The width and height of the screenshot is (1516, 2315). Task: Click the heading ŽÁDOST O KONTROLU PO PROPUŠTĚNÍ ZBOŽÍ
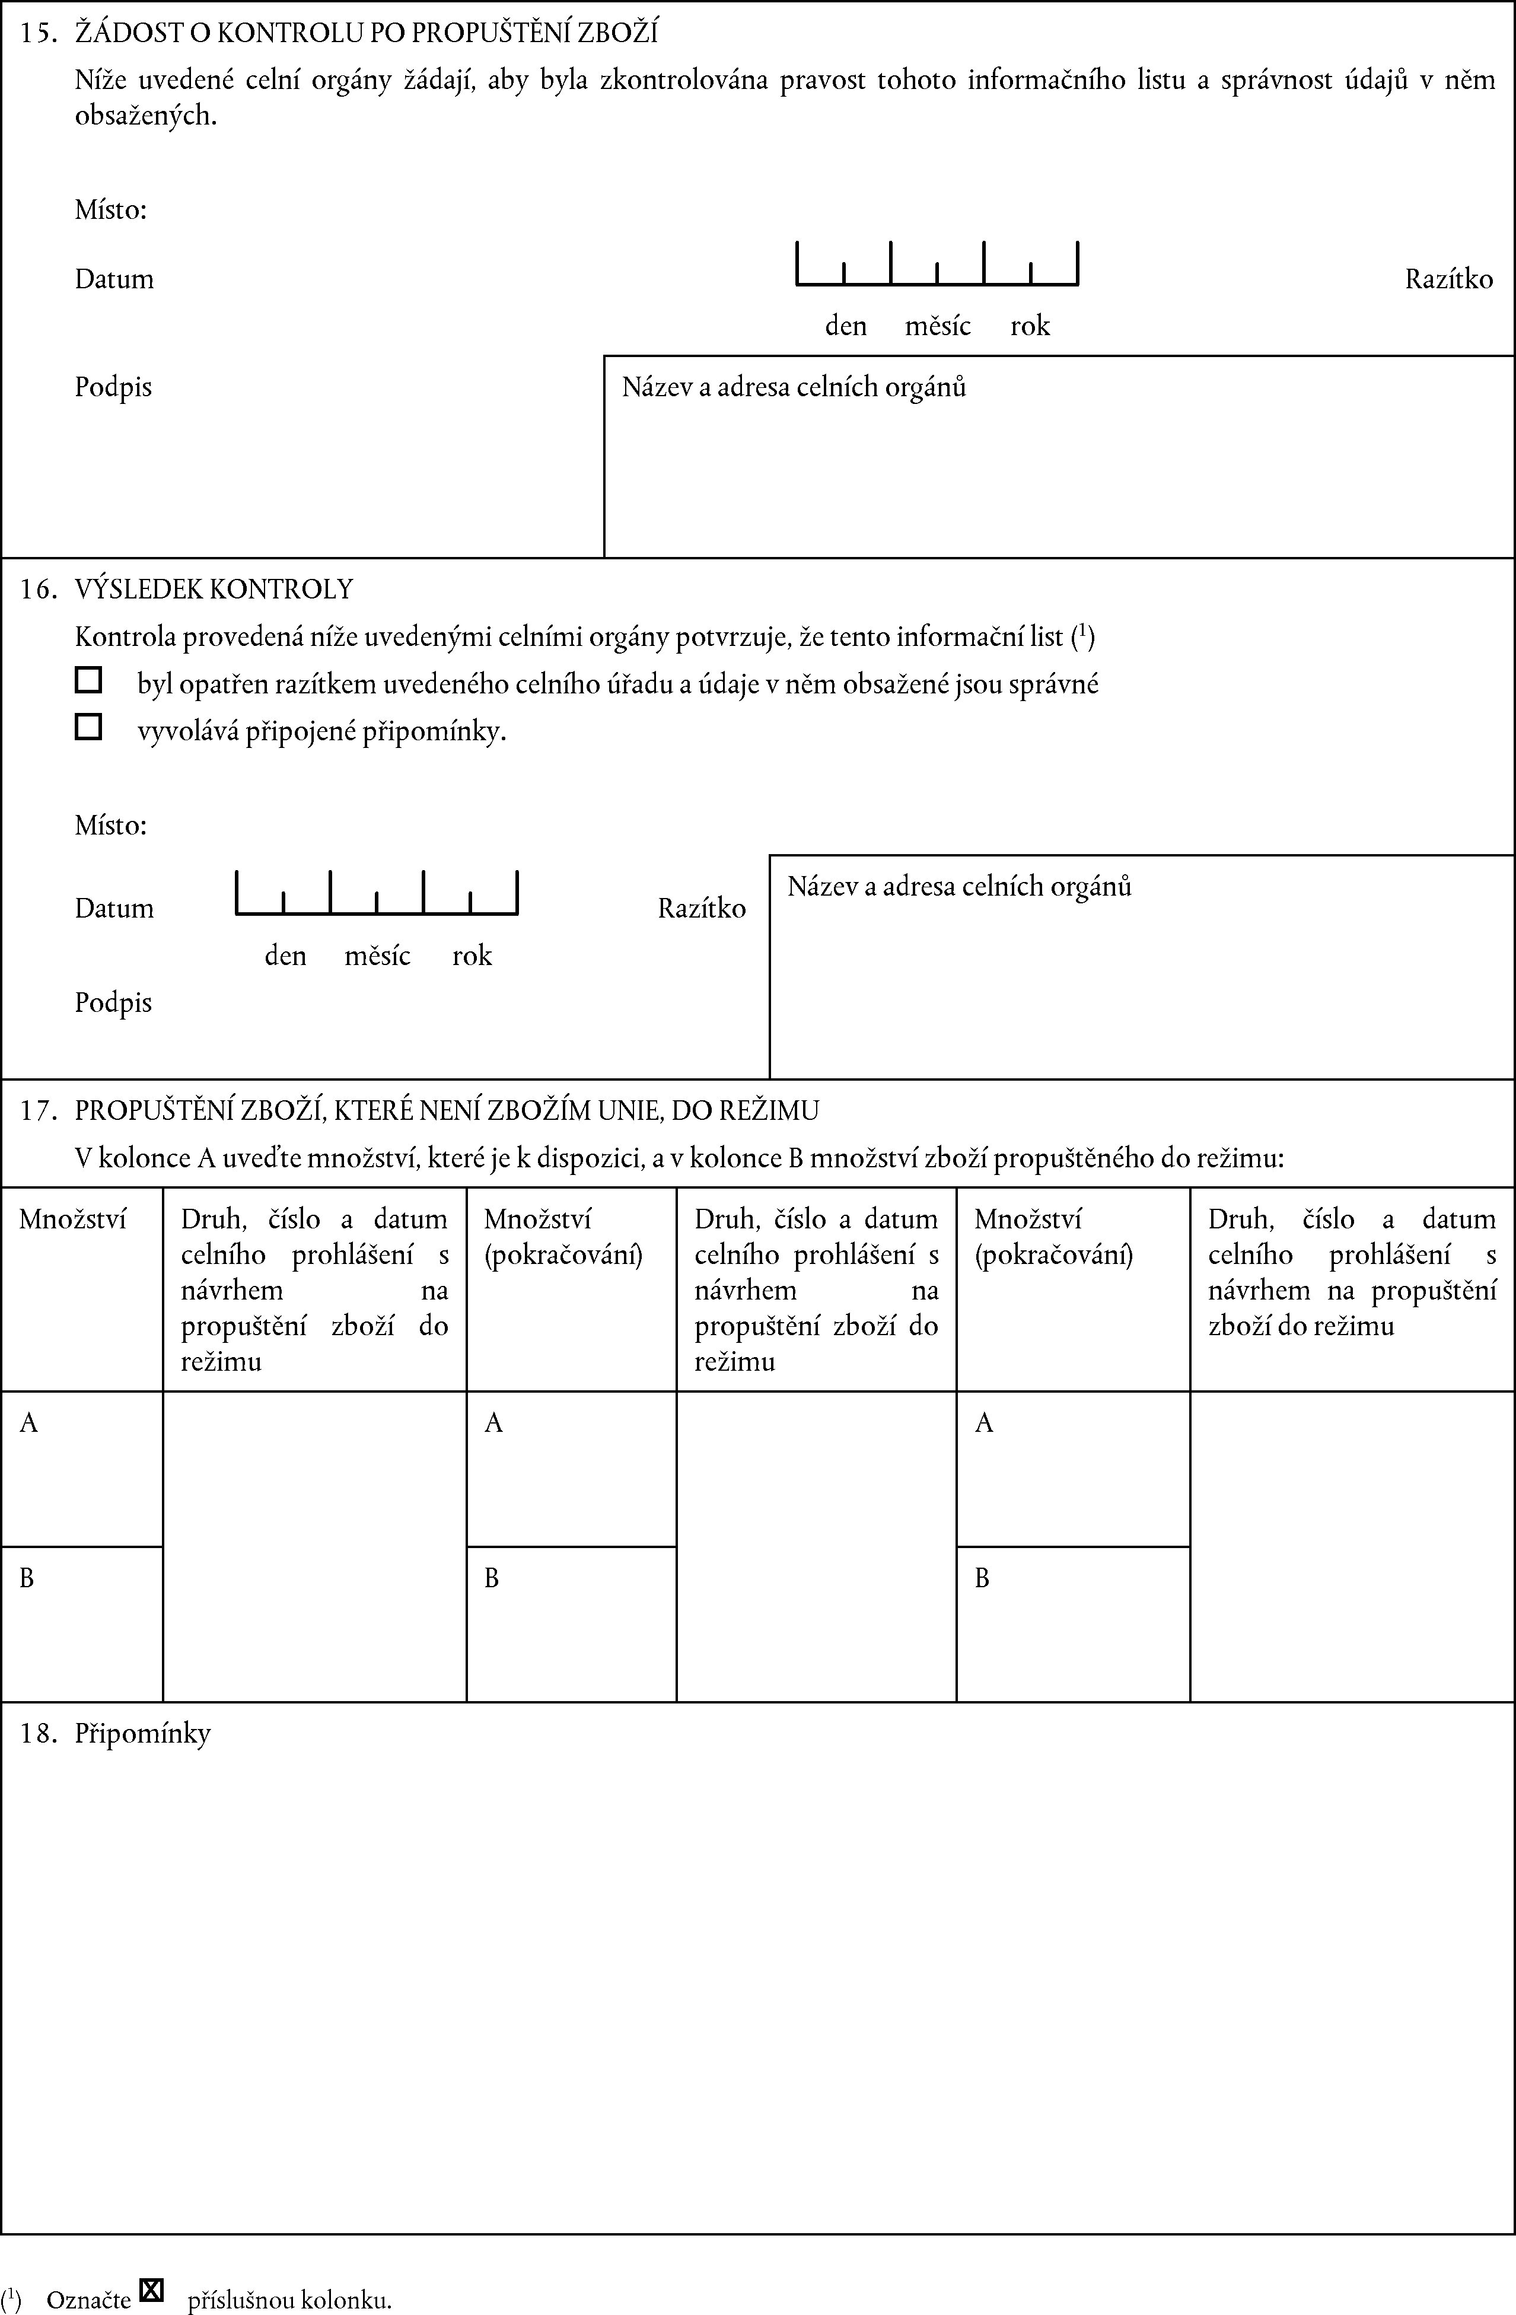[x=365, y=33]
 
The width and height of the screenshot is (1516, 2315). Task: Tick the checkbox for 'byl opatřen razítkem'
[x=88, y=680]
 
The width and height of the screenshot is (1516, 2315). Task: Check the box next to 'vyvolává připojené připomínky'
[x=88, y=727]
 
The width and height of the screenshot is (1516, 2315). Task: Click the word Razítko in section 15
[x=1448, y=279]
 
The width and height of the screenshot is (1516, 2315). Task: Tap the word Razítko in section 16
[x=701, y=909]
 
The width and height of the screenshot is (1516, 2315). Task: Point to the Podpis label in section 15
[x=114, y=387]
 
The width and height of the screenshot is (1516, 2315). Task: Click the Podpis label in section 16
[x=114, y=1003]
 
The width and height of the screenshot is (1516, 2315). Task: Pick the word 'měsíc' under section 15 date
[x=937, y=326]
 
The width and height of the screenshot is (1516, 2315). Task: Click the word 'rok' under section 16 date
[x=472, y=956]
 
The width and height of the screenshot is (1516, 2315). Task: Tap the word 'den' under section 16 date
[x=285, y=956]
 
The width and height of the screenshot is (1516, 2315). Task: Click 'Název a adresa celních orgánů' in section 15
[x=794, y=387]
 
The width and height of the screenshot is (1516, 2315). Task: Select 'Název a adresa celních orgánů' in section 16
[x=959, y=886]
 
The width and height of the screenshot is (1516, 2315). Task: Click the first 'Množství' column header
[x=73, y=1219]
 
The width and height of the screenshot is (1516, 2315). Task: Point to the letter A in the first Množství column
[x=29, y=1423]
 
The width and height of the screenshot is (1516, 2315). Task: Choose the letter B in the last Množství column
[x=982, y=1578]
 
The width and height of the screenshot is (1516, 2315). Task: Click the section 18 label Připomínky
[x=142, y=1733]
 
